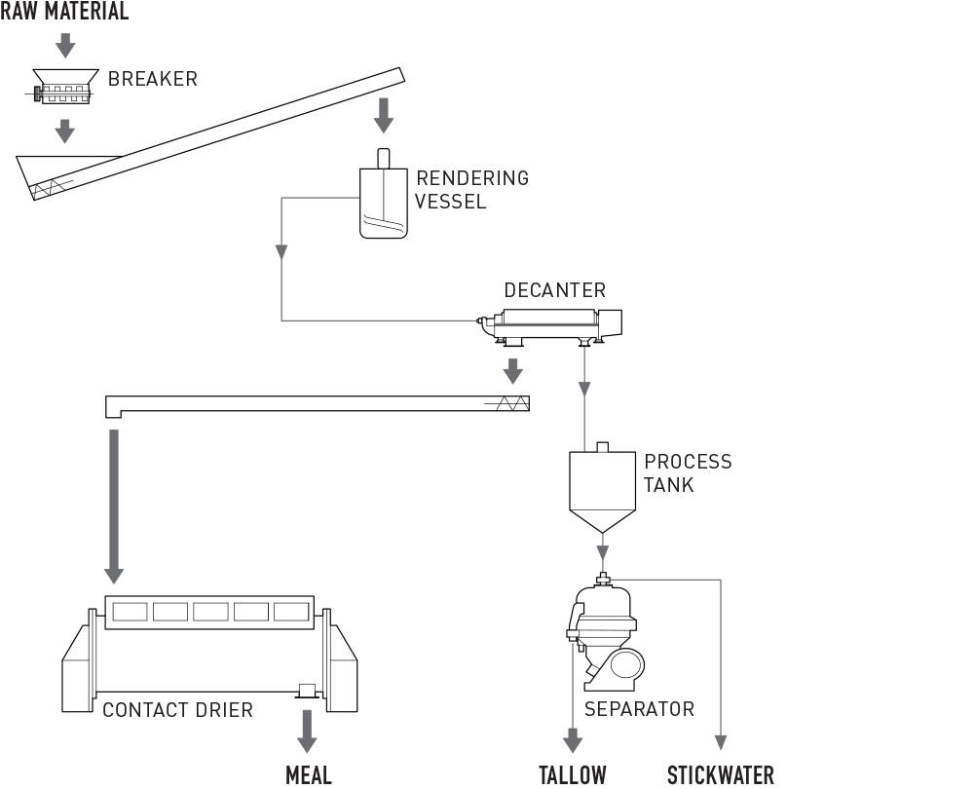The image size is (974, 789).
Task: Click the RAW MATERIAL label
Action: tap(64, 12)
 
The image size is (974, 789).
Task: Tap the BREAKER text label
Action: tap(153, 79)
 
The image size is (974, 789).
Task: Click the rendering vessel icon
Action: tap(384, 200)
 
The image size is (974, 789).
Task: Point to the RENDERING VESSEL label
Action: tap(471, 190)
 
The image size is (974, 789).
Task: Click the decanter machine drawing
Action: tap(550, 325)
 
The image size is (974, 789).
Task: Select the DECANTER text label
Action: tap(554, 290)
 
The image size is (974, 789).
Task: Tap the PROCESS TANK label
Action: tap(687, 472)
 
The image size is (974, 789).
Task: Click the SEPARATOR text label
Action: tap(639, 709)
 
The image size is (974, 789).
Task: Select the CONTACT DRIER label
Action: tap(177, 710)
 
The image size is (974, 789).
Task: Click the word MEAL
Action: tap(309, 775)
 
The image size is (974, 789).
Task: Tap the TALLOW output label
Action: tap(573, 775)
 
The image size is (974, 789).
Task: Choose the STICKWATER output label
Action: tap(721, 775)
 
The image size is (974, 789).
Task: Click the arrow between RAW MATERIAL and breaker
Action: tap(64, 45)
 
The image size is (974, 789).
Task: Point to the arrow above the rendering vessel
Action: tap(384, 114)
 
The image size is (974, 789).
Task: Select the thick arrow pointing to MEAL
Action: tap(308, 732)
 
